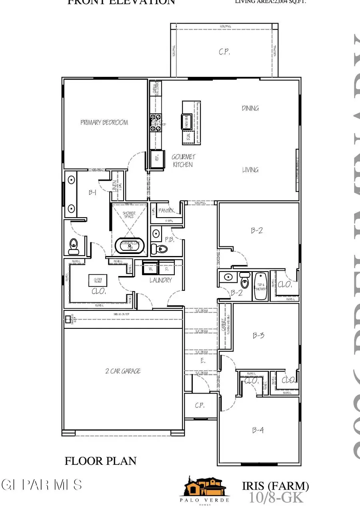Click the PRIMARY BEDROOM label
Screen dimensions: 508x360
(104, 122)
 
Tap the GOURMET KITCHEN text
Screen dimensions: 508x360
(182, 161)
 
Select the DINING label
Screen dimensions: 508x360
(250, 108)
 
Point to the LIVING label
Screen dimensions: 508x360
(250, 170)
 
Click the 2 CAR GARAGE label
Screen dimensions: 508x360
(123, 371)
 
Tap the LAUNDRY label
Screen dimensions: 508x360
(161, 280)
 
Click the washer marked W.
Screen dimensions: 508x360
(151, 268)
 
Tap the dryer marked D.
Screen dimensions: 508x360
(166, 268)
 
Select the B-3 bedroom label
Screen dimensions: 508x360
(259, 336)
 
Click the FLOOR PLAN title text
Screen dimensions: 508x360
(100, 461)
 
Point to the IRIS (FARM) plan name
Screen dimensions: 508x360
(275, 486)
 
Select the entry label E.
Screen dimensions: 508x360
(203, 361)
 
